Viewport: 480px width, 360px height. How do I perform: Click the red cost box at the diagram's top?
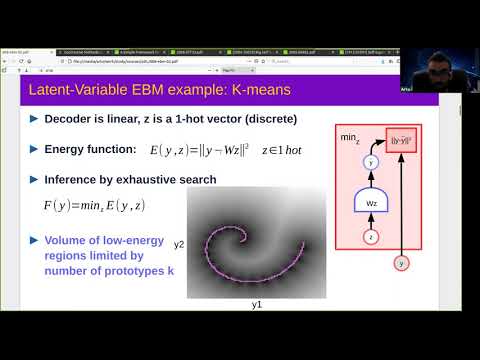(401, 141)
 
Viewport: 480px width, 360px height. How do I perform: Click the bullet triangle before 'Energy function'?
(33, 149)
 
